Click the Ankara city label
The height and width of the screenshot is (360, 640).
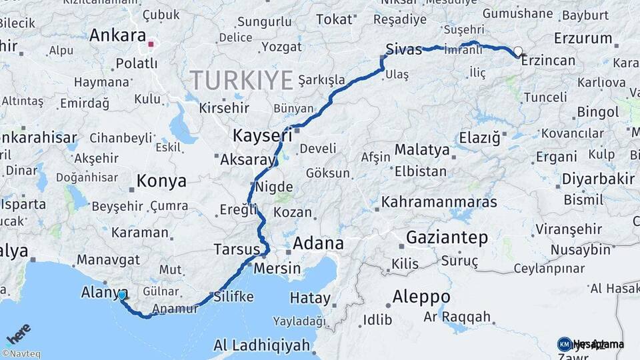coord(117,35)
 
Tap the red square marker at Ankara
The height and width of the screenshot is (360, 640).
coord(151,45)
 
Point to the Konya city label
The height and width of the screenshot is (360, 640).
coord(161,181)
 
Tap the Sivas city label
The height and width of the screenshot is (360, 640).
coord(404,48)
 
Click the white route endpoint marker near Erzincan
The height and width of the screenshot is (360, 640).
coord(518,51)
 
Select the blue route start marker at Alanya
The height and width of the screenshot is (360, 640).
coord(122,294)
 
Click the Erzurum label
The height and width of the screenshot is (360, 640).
coord(583,38)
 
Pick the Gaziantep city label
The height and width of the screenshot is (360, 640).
coord(447,237)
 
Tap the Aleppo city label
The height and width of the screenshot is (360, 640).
coord(421,296)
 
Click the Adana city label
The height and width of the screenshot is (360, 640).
coord(318,243)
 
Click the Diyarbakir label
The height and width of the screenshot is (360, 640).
coord(598,179)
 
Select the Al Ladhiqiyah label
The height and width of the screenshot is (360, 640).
coord(261,345)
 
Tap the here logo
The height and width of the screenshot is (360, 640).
coord(18,334)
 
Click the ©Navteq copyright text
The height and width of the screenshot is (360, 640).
coord(21,354)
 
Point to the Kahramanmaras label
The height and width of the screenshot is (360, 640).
coord(439,201)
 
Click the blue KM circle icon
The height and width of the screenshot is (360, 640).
coord(565,344)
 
